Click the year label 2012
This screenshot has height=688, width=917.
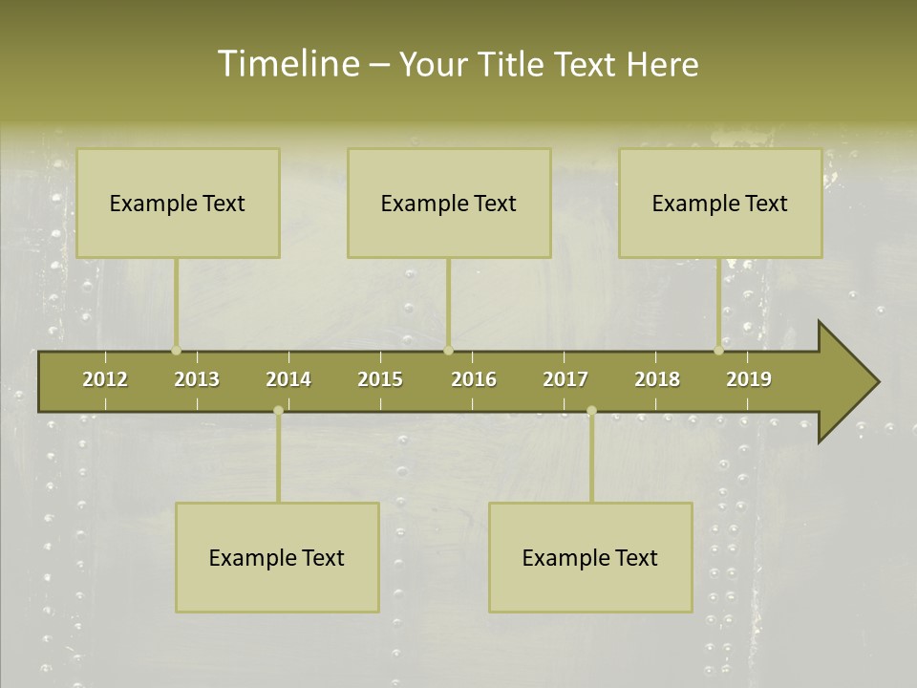(105, 379)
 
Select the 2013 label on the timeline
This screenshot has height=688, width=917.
(197, 379)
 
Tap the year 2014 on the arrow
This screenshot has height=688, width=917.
(288, 379)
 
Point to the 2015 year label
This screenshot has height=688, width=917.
(380, 379)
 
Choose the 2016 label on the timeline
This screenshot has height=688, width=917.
(474, 379)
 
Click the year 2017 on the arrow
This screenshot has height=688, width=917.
(565, 379)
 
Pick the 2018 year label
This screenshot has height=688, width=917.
(657, 379)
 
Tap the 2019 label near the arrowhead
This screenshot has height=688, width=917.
(749, 379)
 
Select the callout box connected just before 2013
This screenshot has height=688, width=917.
(178, 203)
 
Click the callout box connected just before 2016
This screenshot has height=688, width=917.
(449, 203)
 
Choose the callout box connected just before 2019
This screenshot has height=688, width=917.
(720, 203)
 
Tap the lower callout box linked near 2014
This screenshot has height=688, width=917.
(277, 557)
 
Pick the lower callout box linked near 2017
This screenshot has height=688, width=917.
(590, 557)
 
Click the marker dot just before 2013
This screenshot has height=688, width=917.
(176, 351)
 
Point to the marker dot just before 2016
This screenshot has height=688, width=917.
(448, 351)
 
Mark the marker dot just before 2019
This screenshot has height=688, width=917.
(718, 351)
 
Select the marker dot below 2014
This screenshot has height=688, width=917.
(278, 411)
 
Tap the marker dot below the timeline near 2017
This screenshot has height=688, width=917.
(591, 411)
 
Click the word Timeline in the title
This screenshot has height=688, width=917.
(288, 64)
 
